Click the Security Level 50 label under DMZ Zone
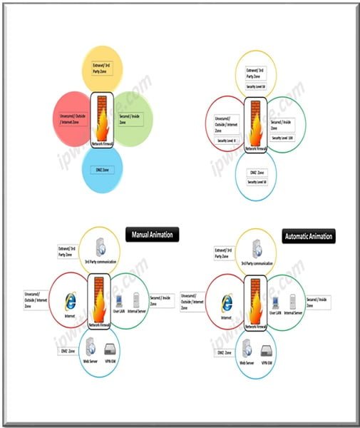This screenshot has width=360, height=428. [257, 182]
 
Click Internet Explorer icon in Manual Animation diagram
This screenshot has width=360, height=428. [70, 301]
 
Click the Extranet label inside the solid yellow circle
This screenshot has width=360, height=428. [103, 69]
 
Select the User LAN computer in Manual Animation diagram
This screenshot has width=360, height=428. [118, 300]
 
